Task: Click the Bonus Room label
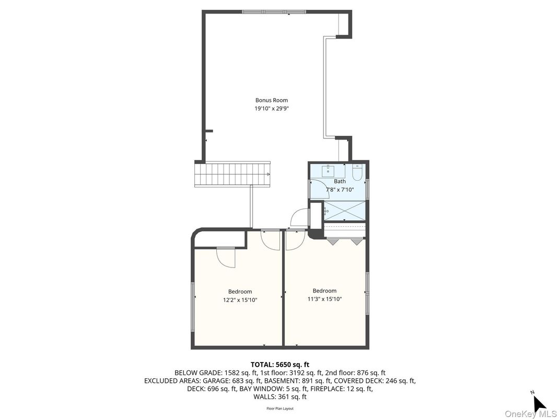tap(271, 100)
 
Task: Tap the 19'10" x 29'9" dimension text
tap(271, 109)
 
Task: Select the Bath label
tap(340, 181)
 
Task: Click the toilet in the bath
tap(357, 173)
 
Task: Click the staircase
tap(232, 174)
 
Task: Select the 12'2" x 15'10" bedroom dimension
tap(240, 300)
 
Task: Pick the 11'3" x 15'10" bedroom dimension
tap(324, 299)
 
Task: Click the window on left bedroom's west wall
tap(193, 306)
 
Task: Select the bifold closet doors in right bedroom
tap(344, 241)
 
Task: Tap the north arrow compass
tap(539, 403)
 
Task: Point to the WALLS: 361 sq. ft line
tap(279, 397)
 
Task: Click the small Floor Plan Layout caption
tap(279, 409)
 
